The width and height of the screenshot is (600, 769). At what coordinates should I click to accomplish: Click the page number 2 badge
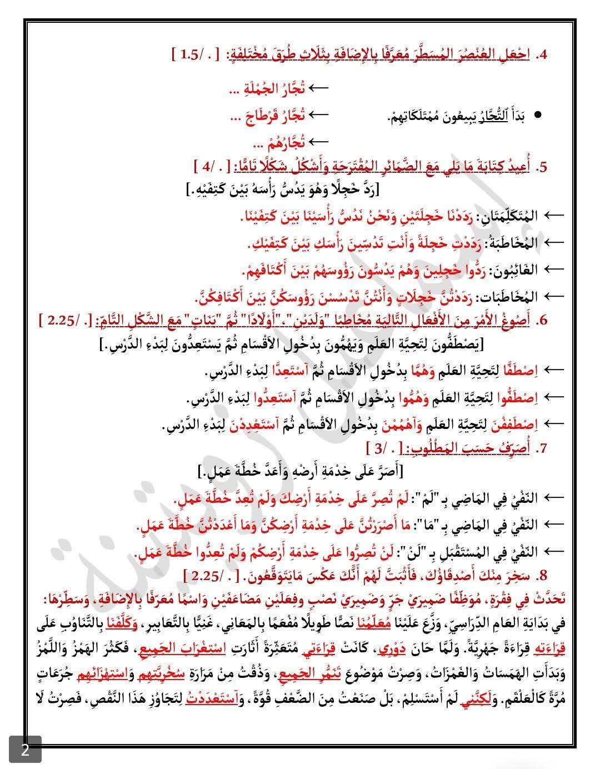pos(25,750)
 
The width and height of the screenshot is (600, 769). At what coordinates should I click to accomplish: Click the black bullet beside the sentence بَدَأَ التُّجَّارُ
pos(537,116)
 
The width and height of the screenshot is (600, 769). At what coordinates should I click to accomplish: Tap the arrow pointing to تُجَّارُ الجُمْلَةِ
pos(318,88)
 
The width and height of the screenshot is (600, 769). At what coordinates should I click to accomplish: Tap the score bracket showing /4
pos(208,167)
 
